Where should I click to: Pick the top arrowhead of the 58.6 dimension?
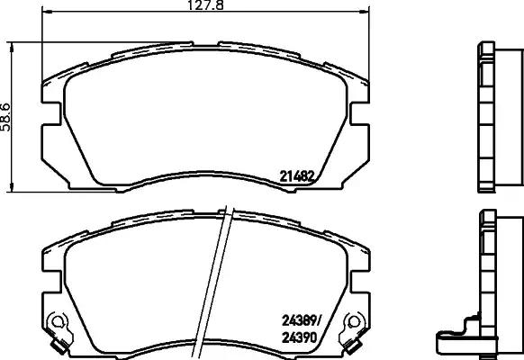coord(11,45)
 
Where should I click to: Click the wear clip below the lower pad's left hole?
coord(61,344)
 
